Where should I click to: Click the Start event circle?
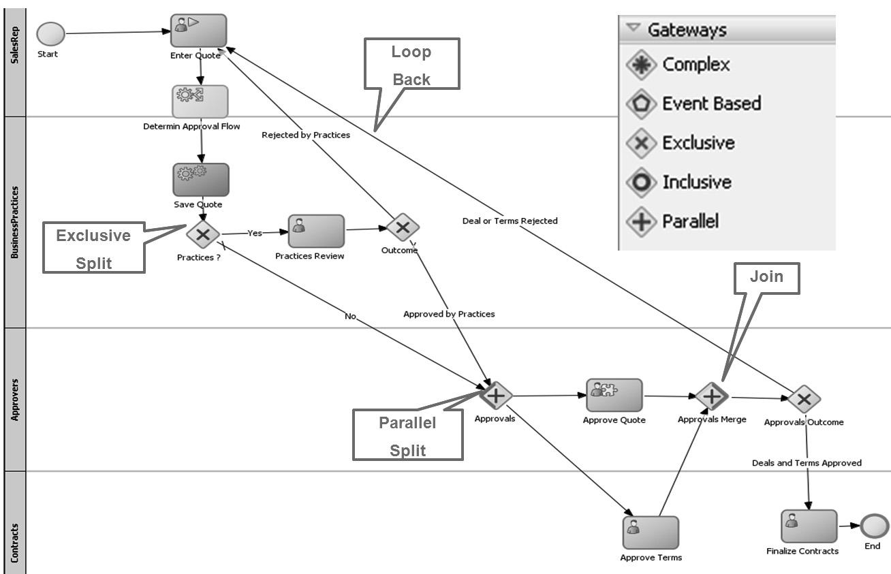point(50,34)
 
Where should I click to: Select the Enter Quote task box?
point(198,31)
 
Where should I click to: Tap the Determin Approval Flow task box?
point(200,101)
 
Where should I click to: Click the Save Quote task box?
point(201,179)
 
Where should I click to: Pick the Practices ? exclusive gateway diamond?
point(203,235)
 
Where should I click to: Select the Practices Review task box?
point(316,232)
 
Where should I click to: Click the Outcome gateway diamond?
point(403,227)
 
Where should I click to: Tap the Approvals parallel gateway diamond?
point(495,395)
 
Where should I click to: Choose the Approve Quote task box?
point(614,396)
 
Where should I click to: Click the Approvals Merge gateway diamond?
point(712,396)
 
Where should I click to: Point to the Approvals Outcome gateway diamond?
point(804,398)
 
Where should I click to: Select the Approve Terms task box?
point(651,532)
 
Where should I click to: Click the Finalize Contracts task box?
point(809,526)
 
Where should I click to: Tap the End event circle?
point(874,526)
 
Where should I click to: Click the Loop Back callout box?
point(411,64)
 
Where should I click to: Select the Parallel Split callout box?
point(407,436)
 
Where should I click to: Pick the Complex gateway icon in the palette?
point(640,65)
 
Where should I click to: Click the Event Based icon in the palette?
point(640,103)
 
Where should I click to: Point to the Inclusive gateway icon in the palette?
point(640,182)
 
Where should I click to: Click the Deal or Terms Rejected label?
point(510,221)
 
